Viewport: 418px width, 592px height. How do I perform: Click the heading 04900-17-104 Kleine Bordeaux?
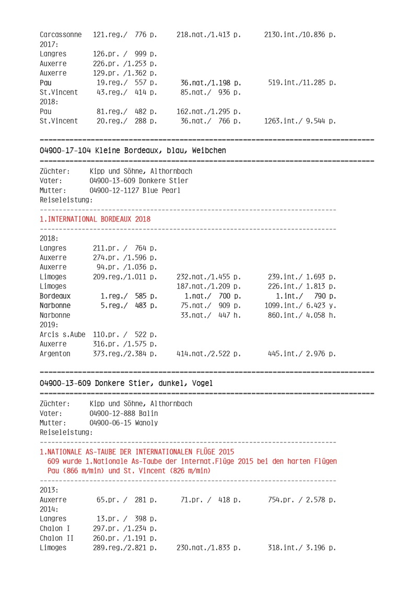pyautogui.click(x=133, y=151)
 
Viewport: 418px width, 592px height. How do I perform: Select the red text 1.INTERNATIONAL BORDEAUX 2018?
pyautogui.click(x=95, y=219)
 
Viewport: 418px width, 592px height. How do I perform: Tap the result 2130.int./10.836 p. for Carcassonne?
pyautogui.click(x=300, y=35)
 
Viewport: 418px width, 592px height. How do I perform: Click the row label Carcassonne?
pyautogui.click(x=61, y=35)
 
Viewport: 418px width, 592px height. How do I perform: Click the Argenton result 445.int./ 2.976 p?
pyautogui.click(x=301, y=354)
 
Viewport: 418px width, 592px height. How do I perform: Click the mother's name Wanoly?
pyautogui.click(x=146, y=423)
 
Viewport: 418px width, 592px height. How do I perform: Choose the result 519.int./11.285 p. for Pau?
pyautogui.click(x=301, y=83)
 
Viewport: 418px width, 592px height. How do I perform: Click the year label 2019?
pyautogui.click(x=49, y=325)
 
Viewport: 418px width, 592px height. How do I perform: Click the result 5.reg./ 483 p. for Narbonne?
pyautogui.click(x=129, y=305)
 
